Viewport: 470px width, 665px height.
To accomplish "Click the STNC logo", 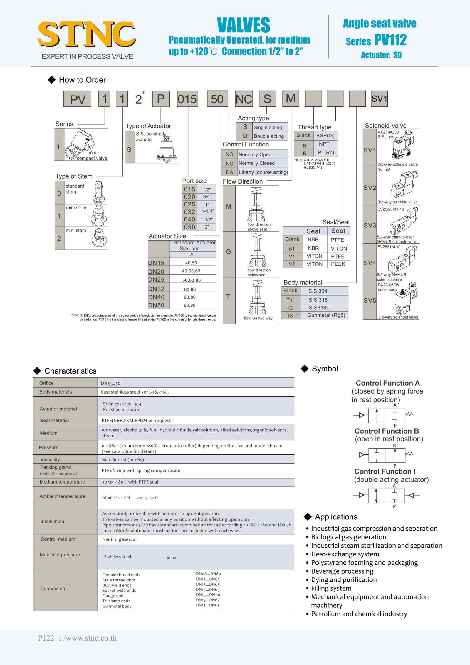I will pos(87,34).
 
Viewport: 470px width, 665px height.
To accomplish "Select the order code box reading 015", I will pos(187,99).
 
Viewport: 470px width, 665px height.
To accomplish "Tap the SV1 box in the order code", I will pos(379,99).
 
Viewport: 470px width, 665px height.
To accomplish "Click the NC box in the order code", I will pos(244,99).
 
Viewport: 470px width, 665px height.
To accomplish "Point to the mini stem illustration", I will pos(99,238).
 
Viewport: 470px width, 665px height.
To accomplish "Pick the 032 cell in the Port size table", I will pos(189,212).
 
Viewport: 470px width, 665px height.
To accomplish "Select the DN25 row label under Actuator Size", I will pos(156,280).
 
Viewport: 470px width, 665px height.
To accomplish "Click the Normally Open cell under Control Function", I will pos(255,154).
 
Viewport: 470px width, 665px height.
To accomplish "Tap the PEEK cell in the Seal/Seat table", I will pos(338,264).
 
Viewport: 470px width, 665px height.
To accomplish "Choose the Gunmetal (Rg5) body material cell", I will pos(326,315).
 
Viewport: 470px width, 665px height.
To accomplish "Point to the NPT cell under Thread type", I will pos(324,144).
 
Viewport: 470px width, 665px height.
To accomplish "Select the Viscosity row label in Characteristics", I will pos(50,459).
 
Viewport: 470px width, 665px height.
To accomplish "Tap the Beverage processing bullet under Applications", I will pos(342,571).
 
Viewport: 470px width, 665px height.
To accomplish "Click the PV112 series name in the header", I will pos(390,40).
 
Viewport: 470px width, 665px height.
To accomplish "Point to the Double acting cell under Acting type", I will pos(268,136).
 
